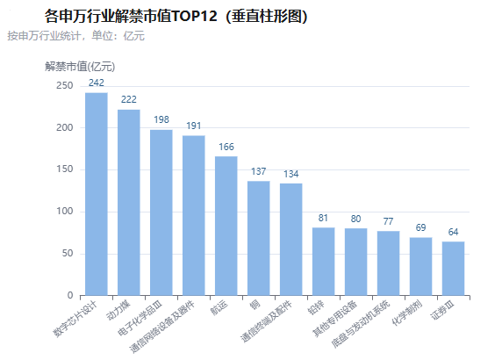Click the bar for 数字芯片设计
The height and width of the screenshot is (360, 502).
(x=97, y=194)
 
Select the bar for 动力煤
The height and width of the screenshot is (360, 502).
(x=129, y=203)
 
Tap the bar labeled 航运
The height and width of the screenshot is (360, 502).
(x=226, y=226)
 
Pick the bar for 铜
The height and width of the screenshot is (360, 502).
(x=259, y=238)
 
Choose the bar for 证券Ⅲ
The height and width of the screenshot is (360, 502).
(x=454, y=269)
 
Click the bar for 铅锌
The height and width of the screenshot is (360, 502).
(x=323, y=262)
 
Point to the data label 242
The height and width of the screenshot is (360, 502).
(x=97, y=83)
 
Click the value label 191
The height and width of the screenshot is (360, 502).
(x=194, y=126)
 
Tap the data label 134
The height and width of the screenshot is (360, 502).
(x=291, y=174)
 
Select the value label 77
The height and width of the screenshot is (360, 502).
(x=388, y=221)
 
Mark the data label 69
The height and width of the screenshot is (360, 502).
(x=420, y=227)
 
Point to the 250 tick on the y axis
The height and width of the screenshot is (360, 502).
(x=65, y=85)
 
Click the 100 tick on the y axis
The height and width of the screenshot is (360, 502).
(x=65, y=212)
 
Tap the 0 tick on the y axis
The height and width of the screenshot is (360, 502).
(x=70, y=295)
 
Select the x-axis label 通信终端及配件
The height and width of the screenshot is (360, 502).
(x=267, y=320)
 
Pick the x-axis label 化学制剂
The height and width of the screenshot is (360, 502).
(x=407, y=313)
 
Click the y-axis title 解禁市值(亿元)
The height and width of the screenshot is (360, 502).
(x=80, y=67)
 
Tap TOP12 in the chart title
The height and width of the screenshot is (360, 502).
(x=194, y=16)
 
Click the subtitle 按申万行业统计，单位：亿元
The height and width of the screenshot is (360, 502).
(x=75, y=36)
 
